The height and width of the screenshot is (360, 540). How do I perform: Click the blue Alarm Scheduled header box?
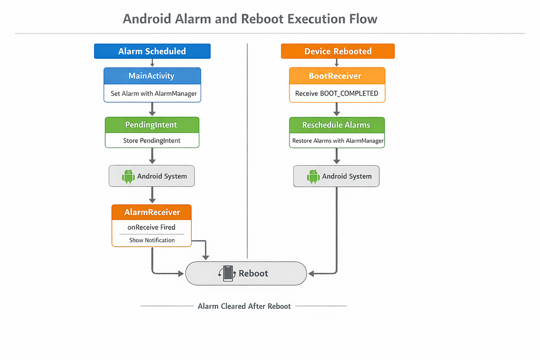(152, 51)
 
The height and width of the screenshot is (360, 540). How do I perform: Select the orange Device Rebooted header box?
(338, 51)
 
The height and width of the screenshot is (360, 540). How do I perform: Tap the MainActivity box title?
(151, 76)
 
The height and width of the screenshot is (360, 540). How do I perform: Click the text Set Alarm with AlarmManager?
(153, 93)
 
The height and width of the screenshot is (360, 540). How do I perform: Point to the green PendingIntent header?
(152, 125)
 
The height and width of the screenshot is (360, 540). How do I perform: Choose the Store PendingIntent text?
(152, 140)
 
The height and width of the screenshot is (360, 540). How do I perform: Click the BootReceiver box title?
(335, 76)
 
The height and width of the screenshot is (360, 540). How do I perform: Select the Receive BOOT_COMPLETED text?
(337, 93)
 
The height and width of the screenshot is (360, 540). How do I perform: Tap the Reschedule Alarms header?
(337, 125)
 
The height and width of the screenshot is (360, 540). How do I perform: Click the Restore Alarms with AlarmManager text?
(338, 141)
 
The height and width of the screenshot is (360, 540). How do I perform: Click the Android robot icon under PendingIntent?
(128, 176)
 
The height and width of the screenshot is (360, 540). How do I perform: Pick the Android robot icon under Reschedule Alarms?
(313, 176)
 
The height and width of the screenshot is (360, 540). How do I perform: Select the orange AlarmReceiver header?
(152, 212)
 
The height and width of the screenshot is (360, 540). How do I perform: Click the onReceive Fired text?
(152, 227)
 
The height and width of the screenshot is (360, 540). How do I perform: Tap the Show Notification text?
(152, 240)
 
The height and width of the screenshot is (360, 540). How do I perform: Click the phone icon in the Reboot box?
(228, 274)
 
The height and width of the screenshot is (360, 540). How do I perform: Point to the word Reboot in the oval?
(253, 273)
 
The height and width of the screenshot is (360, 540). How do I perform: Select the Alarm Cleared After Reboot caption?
(244, 307)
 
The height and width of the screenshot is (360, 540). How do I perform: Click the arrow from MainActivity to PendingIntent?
(152, 110)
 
